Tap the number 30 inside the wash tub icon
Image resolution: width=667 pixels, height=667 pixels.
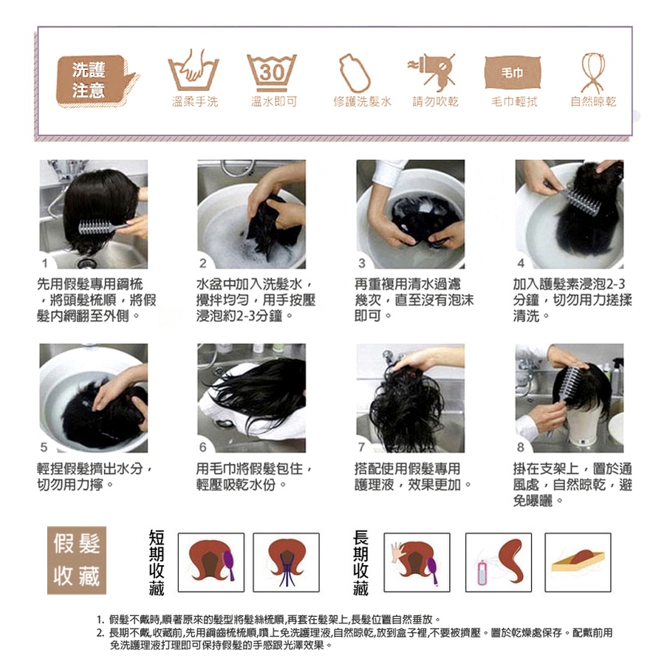pos(271,72)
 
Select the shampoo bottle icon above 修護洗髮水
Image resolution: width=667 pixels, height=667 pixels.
pos(355,72)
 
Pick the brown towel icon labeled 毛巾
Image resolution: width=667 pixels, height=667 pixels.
pos(513,72)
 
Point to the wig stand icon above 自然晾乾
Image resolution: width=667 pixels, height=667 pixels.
pos(593,72)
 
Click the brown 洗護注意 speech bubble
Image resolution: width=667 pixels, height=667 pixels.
pos(96,81)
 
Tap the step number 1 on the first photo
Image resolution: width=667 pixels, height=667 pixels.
pos(44,264)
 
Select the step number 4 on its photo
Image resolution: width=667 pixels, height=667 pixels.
pos(521,263)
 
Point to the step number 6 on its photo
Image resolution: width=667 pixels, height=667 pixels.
pos(202,447)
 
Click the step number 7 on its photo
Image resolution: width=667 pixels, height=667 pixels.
pos(362,447)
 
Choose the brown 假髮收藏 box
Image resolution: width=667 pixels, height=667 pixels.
pos(77,560)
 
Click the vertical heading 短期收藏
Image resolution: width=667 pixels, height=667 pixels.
pos(157,562)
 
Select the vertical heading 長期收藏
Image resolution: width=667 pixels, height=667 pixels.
pos(360,562)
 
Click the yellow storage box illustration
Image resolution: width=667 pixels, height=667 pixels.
pos(578,561)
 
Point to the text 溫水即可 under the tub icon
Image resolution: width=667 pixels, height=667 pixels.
pos(273,102)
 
